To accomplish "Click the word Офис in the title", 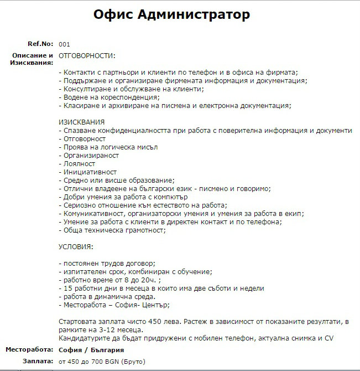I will pos(112,14).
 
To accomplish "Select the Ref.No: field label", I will pos(40,44).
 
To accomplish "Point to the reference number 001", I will pos(64,44).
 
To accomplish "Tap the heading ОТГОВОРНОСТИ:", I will pos(87,55).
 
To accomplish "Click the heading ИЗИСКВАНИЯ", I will pos(82,122).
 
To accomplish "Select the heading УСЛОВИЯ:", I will pos(76,246).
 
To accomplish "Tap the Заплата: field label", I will pos(38,361).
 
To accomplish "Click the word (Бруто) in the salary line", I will pos(132,361).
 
